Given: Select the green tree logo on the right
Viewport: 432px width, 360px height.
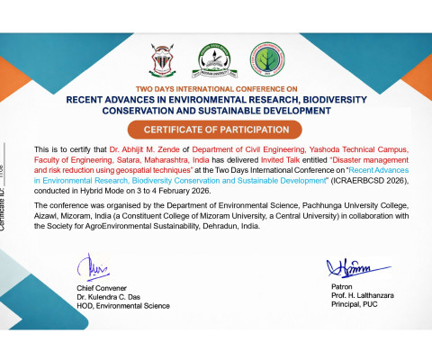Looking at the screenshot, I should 263,59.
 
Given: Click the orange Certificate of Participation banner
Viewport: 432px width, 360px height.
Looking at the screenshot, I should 215,130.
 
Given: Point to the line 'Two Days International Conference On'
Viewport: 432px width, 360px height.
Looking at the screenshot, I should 216,89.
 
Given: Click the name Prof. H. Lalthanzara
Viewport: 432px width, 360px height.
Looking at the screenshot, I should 356,295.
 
